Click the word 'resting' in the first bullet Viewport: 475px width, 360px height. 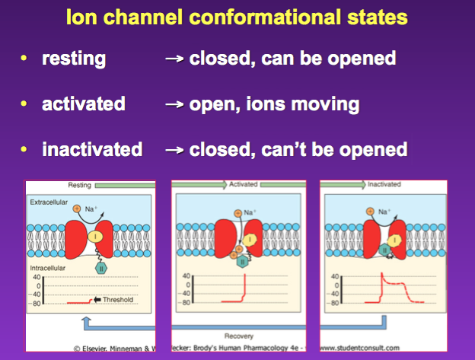[75, 58]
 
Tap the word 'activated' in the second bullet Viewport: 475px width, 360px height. [83, 104]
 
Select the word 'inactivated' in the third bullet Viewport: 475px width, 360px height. [92, 148]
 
